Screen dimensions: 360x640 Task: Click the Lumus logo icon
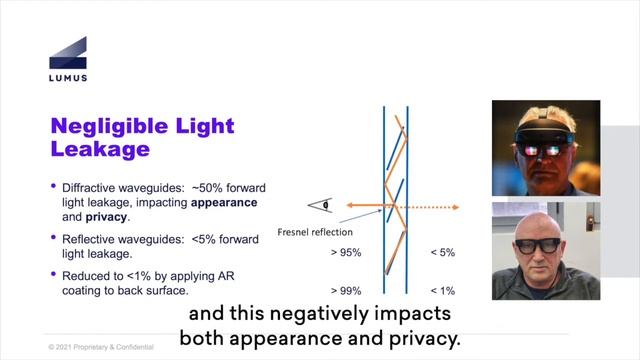pyautogui.click(x=67, y=53)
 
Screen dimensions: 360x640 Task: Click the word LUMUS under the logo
pyautogui.click(x=67, y=78)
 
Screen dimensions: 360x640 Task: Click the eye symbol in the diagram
pyautogui.click(x=323, y=206)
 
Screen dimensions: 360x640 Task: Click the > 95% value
pyautogui.click(x=346, y=253)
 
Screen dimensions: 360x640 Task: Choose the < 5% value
pyautogui.click(x=441, y=253)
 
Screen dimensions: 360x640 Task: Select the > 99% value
pyautogui.click(x=346, y=290)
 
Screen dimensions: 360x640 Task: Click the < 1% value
pyautogui.click(x=441, y=290)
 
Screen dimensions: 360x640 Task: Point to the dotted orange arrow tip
pyautogui.click(x=455, y=208)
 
